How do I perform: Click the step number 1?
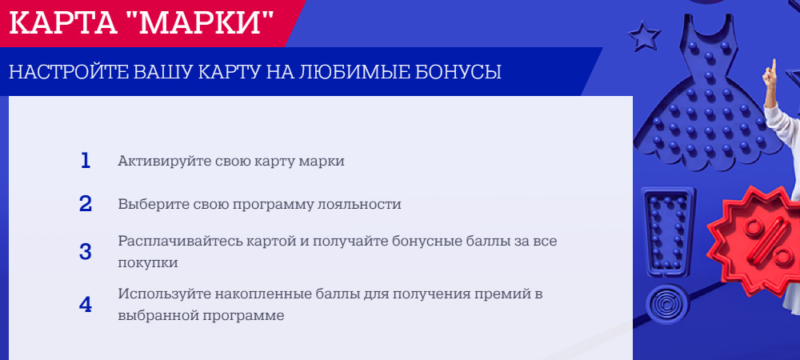86,161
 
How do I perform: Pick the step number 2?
86,204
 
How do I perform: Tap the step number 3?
86,252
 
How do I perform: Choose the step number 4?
86,305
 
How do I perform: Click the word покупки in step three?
148,264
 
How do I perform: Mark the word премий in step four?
503,294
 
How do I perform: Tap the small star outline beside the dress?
644,35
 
